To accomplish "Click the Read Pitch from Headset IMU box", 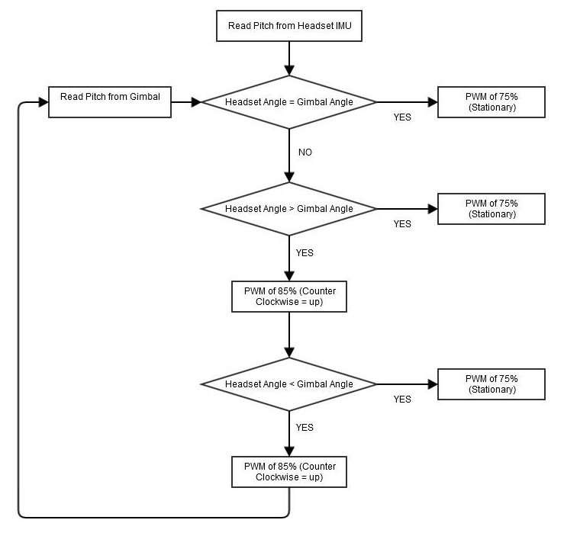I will [x=289, y=26].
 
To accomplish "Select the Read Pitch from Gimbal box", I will [x=110, y=101].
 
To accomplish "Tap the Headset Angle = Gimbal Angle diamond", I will [x=289, y=102].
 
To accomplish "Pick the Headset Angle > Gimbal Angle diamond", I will [x=289, y=209].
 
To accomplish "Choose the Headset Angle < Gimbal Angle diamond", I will [x=289, y=384].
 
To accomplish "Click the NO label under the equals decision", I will [x=305, y=152].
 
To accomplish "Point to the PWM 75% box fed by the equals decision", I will [x=491, y=102].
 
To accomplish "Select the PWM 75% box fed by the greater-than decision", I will [x=491, y=209].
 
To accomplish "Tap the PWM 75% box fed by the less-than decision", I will [x=491, y=384].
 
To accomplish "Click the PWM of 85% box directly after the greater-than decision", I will [x=289, y=297].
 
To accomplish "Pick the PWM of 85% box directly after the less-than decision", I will [x=289, y=472].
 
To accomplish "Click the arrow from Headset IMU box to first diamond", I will [x=289, y=58].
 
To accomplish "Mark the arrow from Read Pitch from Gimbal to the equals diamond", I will [x=185, y=102].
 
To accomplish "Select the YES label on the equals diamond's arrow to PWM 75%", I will [x=402, y=117].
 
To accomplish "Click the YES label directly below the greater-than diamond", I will [x=305, y=252].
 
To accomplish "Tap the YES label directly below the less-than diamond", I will [x=305, y=428].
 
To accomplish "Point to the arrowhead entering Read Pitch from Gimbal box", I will [x=43, y=102].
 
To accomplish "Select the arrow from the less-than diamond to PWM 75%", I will [x=407, y=384].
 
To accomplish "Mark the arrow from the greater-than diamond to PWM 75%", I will [x=407, y=209].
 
